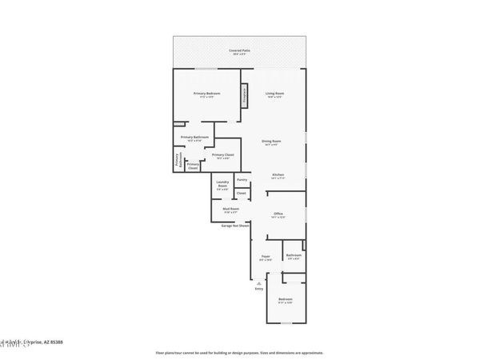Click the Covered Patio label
(x=240, y=50)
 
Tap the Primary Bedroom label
(x=206, y=94)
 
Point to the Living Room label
(x=275, y=94)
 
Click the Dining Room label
(x=271, y=142)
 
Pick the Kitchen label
(x=278, y=176)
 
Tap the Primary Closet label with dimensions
(x=223, y=155)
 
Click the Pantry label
(x=242, y=180)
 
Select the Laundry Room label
(x=222, y=186)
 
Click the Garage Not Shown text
(x=236, y=226)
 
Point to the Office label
(x=278, y=214)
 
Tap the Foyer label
(x=266, y=258)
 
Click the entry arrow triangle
(x=259, y=282)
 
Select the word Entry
(x=259, y=289)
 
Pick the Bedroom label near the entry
(x=286, y=300)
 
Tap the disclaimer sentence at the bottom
(x=239, y=352)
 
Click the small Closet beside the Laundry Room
(x=241, y=194)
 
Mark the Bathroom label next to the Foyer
(x=294, y=256)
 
